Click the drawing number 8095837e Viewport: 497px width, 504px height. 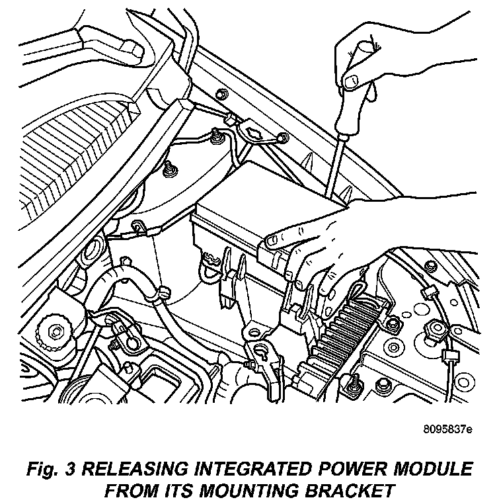(x=447, y=430)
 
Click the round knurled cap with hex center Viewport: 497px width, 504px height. (x=51, y=329)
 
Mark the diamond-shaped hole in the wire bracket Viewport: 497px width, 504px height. (x=254, y=134)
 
